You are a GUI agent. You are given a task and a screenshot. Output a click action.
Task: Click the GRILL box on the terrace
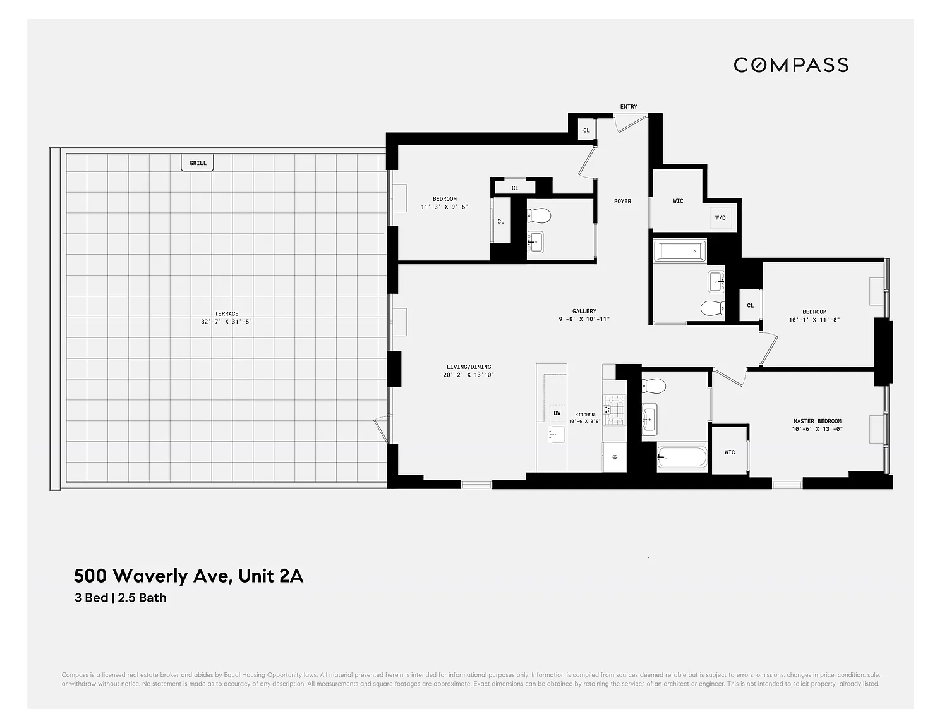coord(198,162)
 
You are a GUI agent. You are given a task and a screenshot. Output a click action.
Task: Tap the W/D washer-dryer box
coord(720,218)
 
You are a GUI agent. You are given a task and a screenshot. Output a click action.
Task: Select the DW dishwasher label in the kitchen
coord(557,413)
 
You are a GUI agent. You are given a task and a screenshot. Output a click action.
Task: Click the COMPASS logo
coord(790,65)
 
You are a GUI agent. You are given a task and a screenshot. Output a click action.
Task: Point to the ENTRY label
coord(628,107)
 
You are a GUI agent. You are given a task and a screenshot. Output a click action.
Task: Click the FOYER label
coord(622,201)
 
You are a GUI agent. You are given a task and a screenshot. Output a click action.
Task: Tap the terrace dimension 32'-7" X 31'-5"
coord(226,322)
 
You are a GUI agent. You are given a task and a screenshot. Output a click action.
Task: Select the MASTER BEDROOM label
coord(818,421)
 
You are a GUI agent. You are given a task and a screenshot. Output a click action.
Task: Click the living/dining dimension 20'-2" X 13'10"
coord(468,375)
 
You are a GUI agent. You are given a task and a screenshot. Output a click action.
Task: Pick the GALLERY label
coord(584,311)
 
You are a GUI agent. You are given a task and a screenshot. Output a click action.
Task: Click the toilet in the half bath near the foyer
coord(538,216)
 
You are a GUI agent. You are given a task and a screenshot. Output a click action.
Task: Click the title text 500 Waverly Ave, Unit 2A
coord(188,576)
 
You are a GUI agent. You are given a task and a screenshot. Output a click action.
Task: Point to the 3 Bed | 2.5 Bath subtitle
coord(121,598)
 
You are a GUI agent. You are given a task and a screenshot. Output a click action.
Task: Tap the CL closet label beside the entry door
coord(586,131)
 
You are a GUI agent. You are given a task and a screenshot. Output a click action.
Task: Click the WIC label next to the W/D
coord(678,201)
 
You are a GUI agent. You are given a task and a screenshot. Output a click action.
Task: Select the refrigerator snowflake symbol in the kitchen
coord(614,456)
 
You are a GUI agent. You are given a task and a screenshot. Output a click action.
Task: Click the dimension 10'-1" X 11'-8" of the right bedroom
coord(814,320)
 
